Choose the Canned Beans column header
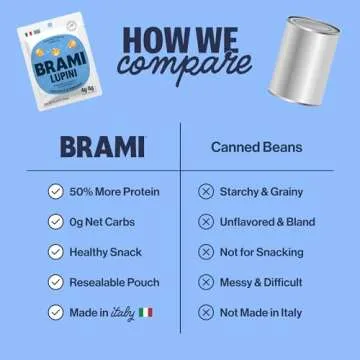tap(255, 148)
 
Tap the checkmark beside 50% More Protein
tap(55, 191)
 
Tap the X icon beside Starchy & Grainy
tap(206, 191)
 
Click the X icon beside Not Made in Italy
tap(206, 314)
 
